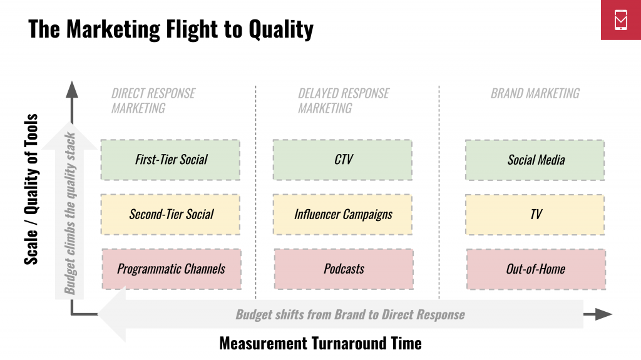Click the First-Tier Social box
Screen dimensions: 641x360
[170, 160]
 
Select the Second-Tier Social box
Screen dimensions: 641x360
[170, 214]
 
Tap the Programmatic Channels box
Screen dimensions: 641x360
[172, 269]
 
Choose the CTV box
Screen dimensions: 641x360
[342, 160]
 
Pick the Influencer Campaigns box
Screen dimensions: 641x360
[342, 214]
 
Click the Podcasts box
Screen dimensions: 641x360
[344, 269]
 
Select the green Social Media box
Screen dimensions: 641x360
[535, 160]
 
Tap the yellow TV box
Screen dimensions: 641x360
[535, 214]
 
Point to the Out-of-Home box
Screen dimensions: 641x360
[536, 269]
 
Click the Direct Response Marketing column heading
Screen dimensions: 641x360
[153, 101]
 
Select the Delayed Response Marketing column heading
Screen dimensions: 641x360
[344, 101]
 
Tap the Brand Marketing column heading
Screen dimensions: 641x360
[535, 93]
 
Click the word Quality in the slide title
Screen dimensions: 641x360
[281, 29]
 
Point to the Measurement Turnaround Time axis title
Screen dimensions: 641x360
[320, 343]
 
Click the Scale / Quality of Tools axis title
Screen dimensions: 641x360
[31, 189]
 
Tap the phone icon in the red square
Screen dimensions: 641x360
[620, 19]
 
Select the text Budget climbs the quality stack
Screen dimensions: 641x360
[70, 213]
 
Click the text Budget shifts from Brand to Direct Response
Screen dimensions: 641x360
[351, 314]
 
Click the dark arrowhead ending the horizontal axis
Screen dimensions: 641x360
[604, 314]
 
